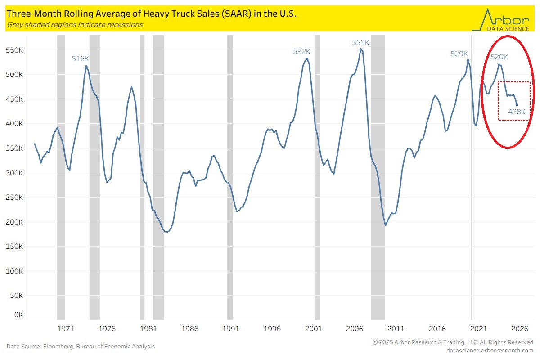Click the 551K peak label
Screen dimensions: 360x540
pos(360,42)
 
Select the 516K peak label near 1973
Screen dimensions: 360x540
pos(80,58)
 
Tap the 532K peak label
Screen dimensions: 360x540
pos(301,51)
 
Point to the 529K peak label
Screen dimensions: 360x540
pos(459,54)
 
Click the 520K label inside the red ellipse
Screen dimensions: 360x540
pos(499,57)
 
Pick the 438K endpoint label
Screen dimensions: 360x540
pos(517,112)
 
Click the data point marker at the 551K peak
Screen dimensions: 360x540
pos(361,49)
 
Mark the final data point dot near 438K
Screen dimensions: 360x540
pos(517,105)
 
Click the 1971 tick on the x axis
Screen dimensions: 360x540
pos(65,328)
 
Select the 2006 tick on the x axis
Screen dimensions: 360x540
pos(355,328)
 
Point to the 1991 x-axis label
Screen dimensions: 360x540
pos(230,328)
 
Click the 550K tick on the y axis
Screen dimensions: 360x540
pos(13,50)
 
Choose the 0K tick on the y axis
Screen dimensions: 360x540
pos(18,315)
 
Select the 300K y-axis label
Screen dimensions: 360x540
pos(13,173)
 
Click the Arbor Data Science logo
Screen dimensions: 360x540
pos(500,20)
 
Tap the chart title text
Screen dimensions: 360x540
pos(151,14)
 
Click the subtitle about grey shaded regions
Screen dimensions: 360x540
pos(75,25)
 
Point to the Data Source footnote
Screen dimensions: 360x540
pos(81,346)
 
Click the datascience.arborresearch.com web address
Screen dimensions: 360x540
pos(490,350)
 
